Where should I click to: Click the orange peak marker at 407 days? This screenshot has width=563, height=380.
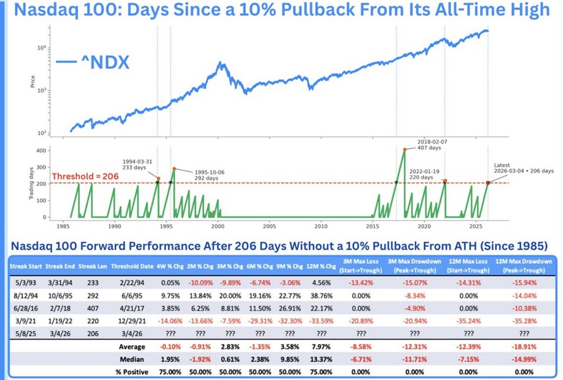coord(404,150)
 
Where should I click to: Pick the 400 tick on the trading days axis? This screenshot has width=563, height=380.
coord(39,151)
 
